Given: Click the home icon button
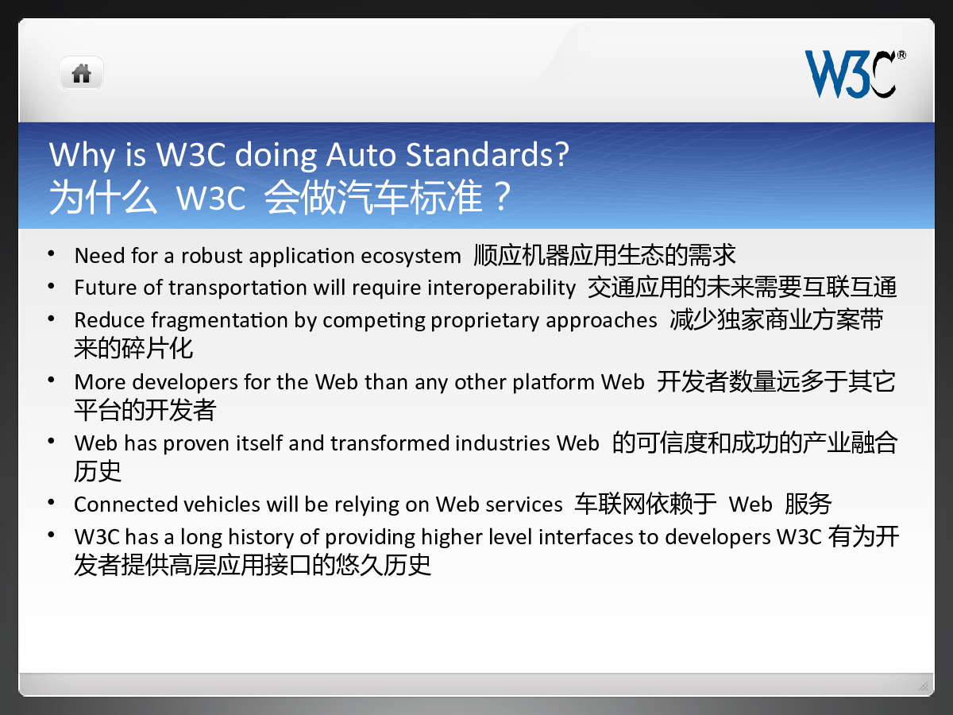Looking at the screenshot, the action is click(81, 73).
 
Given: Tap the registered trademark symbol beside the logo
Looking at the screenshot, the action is click(901, 55).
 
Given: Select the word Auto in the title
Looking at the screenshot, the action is click(361, 155).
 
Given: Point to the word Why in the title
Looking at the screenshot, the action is click(83, 156).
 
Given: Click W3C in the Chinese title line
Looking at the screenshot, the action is click(210, 199).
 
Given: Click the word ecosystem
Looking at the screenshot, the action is click(411, 256).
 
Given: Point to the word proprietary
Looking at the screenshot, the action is click(484, 321).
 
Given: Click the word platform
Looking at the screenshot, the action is click(553, 382).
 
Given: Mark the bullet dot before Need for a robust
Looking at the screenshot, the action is click(52, 253).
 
